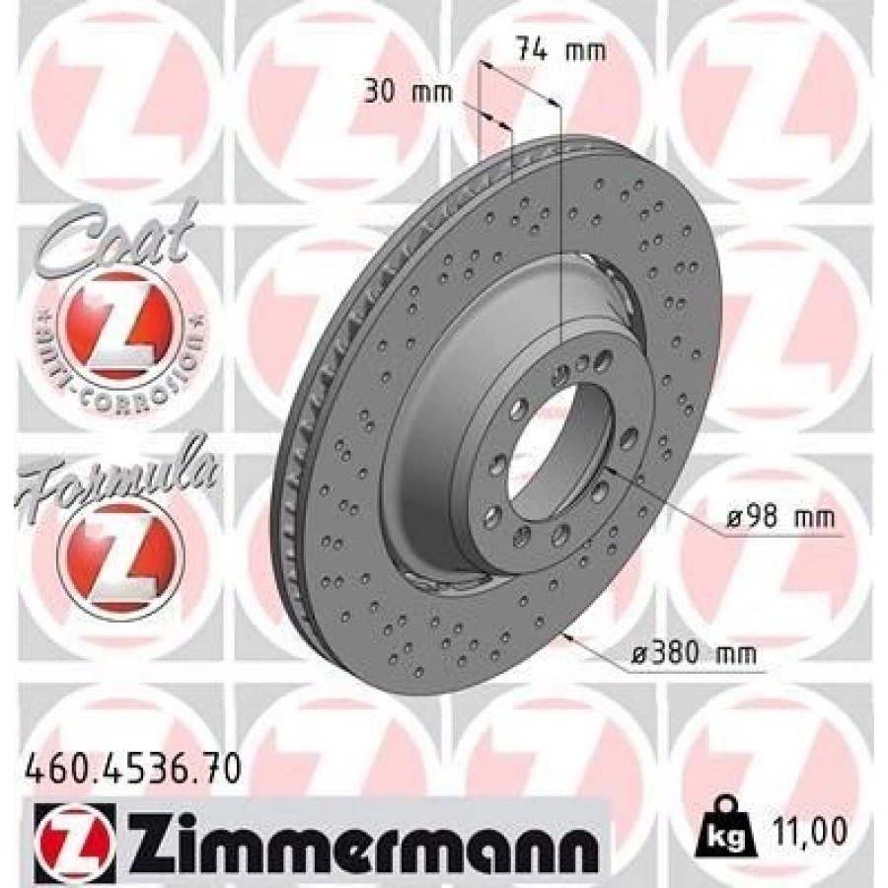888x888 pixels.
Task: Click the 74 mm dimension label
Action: [561, 51]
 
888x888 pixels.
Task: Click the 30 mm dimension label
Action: [408, 93]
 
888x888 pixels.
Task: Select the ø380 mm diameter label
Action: [694, 655]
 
